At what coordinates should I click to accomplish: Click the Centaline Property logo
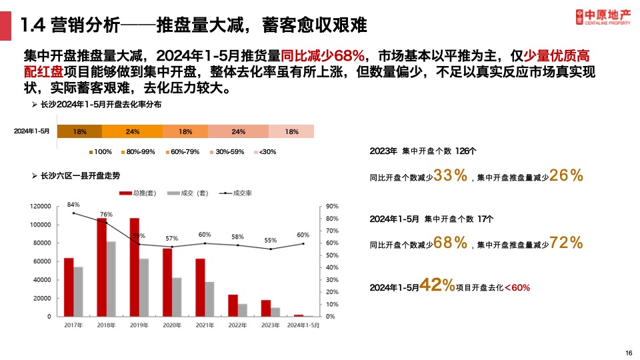[603, 16]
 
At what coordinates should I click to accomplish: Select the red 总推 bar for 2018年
[102, 267]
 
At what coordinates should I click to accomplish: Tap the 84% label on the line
[73, 205]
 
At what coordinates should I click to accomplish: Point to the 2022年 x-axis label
[238, 325]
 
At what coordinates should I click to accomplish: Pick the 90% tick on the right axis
[331, 207]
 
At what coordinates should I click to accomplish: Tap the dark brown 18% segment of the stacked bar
[79, 131]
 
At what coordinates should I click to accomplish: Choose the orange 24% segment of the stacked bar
[132, 131]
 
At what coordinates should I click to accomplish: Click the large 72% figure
[567, 243]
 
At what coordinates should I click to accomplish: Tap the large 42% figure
[437, 286]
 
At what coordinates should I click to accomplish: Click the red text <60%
[517, 287]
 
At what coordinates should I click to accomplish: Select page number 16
[628, 353]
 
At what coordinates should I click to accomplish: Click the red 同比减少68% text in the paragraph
[323, 55]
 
